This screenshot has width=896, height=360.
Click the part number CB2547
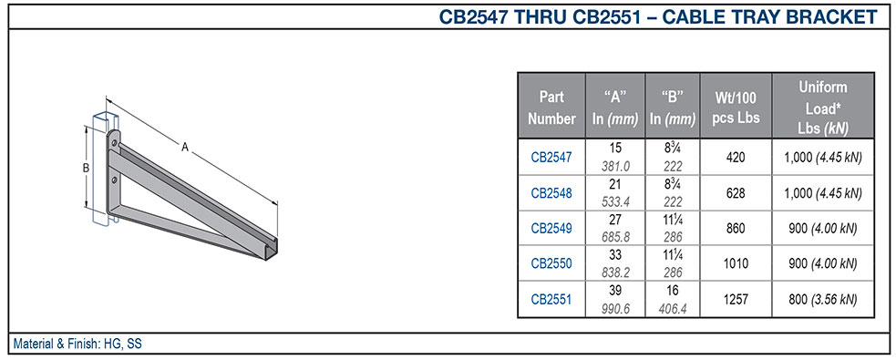[551, 157]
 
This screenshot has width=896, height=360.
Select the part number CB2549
[551, 228]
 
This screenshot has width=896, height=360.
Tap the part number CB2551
[551, 299]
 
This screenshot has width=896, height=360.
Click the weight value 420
[736, 157]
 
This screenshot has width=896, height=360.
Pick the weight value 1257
[736, 299]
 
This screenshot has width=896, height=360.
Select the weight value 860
[736, 228]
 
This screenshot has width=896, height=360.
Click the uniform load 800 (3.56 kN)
[823, 299]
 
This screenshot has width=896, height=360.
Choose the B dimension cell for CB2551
[672, 299]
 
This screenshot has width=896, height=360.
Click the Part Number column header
[551, 108]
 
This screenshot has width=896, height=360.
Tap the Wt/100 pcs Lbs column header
[736, 108]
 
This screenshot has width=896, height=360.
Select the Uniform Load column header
[823, 108]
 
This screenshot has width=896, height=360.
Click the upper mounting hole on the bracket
[114, 143]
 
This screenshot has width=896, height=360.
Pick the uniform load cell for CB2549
[823, 228]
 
